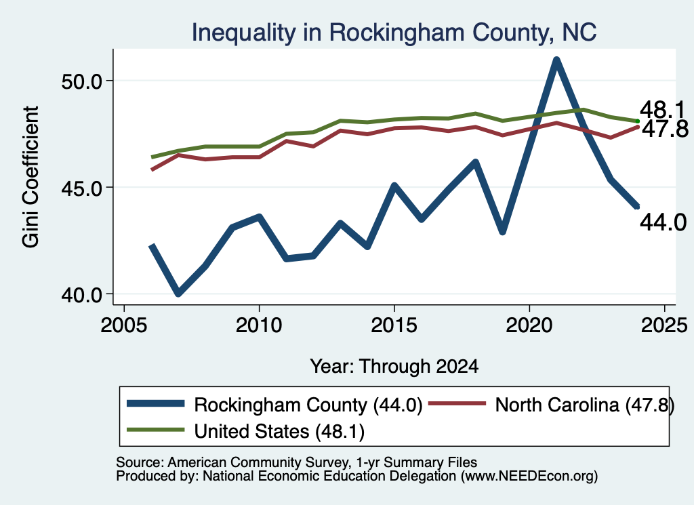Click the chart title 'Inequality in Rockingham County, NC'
pyautogui.click(x=394, y=33)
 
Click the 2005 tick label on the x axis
pyautogui.click(x=124, y=325)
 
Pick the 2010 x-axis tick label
pyautogui.click(x=259, y=325)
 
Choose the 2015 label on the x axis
pyautogui.click(x=394, y=325)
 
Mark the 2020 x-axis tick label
pyautogui.click(x=529, y=325)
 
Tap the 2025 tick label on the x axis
pyautogui.click(x=664, y=325)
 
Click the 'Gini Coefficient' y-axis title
pyautogui.click(x=30, y=177)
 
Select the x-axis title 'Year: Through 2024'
pyautogui.click(x=394, y=367)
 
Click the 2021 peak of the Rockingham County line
pyautogui.click(x=556, y=60)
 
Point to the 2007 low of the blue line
pyautogui.click(x=178, y=293)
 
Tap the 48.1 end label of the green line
pyautogui.click(x=662, y=110)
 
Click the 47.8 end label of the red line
pyautogui.click(x=665, y=129)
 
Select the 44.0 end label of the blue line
pyautogui.click(x=663, y=222)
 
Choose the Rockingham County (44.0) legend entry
pyautogui.click(x=274, y=405)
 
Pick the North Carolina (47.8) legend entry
pyautogui.click(x=552, y=405)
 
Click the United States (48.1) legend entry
pyautogui.click(x=245, y=430)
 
